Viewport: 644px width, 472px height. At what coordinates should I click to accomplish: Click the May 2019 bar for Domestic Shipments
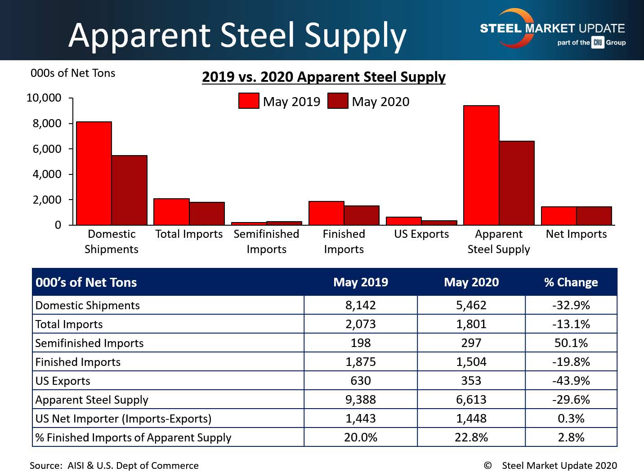(x=94, y=173)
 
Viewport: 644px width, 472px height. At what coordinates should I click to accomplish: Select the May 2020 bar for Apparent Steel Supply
(x=517, y=183)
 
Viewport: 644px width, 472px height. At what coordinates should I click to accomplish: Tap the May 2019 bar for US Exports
(x=403, y=221)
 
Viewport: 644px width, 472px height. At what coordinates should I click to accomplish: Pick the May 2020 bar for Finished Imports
(x=362, y=215)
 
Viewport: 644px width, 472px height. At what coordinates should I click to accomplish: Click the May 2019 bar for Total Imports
(x=171, y=212)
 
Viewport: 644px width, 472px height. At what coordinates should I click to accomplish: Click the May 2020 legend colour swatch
(x=338, y=101)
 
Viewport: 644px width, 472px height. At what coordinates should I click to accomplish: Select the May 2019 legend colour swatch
(x=249, y=101)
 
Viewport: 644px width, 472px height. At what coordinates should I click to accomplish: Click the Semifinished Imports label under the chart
(x=266, y=241)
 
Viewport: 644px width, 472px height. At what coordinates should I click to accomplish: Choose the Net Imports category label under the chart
(x=576, y=234)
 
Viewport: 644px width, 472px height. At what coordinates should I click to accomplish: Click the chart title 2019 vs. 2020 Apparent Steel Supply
(x=323, y=77)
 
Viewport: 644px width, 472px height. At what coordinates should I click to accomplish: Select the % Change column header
(x=571, y=282)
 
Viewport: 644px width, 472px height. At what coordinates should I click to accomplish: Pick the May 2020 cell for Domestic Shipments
(x=471, y=305)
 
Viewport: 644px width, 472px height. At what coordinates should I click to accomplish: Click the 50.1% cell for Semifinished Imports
(x=571, y=343)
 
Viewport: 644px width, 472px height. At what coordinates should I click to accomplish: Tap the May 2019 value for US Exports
(x=361, y=381)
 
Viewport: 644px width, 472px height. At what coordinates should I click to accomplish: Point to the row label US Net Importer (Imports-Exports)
(x=123, y=419)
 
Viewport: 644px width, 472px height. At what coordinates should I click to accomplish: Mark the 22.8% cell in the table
(x=471, y=437)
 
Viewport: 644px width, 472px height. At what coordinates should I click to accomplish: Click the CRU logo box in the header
(x=598, y=42)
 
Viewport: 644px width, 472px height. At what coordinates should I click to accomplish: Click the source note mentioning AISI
(x=114, y=465)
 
